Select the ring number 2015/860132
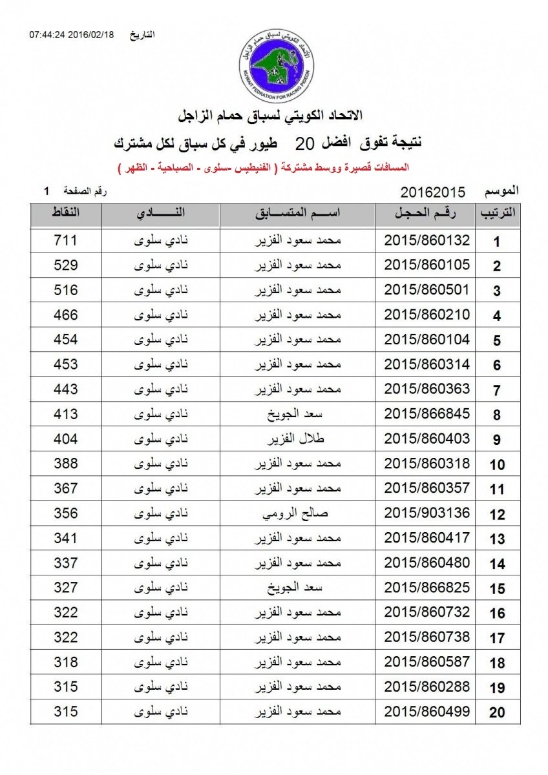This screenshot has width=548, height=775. coord(427,241)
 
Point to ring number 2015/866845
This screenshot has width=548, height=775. coord(427,415)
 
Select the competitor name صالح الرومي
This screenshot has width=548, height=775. coord(299,514)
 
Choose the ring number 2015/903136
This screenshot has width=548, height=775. coord(427,514)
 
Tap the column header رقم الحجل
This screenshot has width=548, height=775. coord(427,214)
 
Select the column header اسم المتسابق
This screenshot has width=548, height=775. coord(299,214)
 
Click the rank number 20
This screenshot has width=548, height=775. coord(497,713)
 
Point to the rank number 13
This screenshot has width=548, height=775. coord(497,539)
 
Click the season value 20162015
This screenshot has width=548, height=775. coord(434,191)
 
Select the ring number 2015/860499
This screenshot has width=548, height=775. coord(427,712)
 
